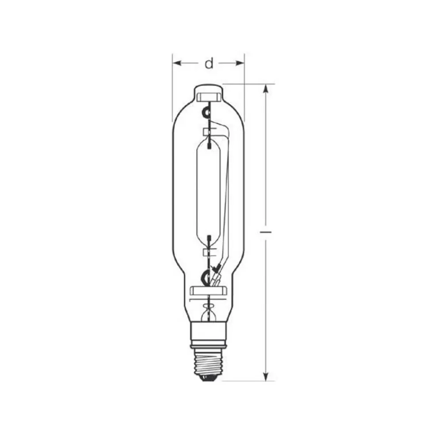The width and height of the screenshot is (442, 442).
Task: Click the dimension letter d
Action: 209,64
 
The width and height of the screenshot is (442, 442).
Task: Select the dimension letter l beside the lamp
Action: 265,232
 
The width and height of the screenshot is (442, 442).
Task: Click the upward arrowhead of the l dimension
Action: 265,88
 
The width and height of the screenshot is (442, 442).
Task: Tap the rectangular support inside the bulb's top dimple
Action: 208,96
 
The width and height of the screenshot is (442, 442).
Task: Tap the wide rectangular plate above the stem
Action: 208,290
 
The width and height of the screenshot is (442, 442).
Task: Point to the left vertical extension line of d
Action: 172,88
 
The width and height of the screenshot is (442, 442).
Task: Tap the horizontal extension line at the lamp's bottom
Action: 248,381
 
